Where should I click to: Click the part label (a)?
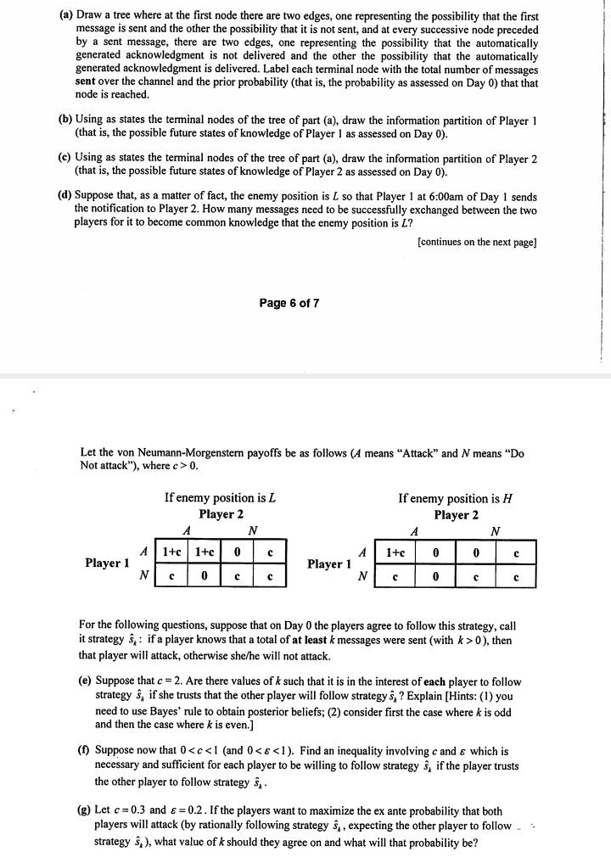[64, 16]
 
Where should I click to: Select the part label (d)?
[64, 195]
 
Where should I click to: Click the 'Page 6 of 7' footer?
[289, 304]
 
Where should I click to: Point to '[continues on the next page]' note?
[477, 242]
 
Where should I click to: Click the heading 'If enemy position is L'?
[221, 497]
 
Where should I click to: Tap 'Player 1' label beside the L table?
[107, 563]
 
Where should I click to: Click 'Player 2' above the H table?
[456, 514]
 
